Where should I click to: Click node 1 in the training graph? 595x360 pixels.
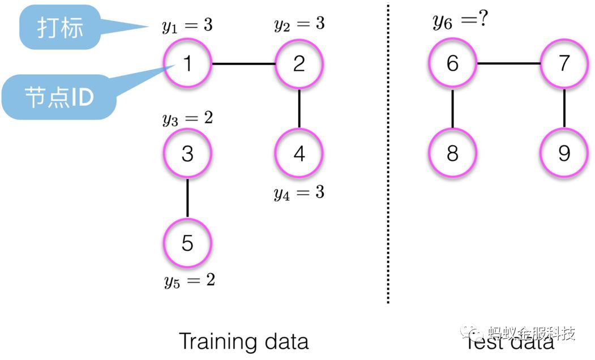(187, 63)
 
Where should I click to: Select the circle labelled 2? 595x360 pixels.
(299, 63)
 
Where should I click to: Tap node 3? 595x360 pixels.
(187, 153)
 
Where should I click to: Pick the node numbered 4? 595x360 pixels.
(299, 153)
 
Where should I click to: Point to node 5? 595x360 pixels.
(187, 243)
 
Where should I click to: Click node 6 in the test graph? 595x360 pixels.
(452, 63)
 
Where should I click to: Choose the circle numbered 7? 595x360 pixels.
(564, 63)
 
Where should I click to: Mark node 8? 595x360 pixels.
(452, 153)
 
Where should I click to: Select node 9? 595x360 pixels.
(564, 153)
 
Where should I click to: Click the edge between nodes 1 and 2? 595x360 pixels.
(243, 63)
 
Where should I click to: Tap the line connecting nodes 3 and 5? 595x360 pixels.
(187, 198)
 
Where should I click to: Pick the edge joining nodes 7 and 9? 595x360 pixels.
(564, 108)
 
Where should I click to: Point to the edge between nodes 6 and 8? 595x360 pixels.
(452, 108)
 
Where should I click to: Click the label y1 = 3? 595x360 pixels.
(187, 26)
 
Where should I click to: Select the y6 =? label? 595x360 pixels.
(460, 21)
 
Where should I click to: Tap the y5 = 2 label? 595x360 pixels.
(190, 280)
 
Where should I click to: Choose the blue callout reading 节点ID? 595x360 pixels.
(59, 97)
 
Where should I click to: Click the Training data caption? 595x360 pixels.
(243, 341)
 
